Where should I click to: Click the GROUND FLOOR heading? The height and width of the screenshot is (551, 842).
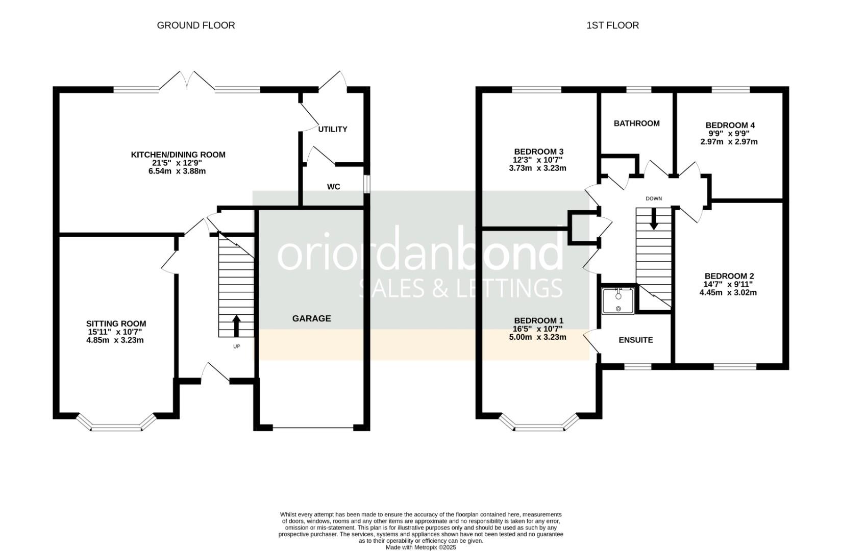tap(196, 25)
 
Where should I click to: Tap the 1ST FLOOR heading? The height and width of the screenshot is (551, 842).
tap(613, 25)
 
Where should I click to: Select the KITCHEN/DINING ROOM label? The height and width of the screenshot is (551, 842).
tap(178, 155)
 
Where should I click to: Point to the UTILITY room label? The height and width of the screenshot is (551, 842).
tap(333, 129)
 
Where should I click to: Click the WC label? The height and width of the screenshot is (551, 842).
tap(334, 187)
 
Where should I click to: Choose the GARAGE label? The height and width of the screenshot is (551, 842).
tap(312, 319)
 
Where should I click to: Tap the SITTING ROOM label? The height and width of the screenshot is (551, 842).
tap(116, 323)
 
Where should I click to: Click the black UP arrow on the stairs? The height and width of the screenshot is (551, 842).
tap(236, 326)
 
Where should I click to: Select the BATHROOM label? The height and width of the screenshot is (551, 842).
tap(637, 123)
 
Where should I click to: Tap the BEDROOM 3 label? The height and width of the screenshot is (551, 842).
tap(539, 152)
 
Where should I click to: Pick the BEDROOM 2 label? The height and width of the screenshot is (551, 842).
tap(729, 276)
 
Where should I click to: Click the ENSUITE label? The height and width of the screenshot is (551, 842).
tap(636, 340)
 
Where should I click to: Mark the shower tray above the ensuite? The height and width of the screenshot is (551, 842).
tap(618, 300)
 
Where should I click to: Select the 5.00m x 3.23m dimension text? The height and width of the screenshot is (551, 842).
tap(537, 337)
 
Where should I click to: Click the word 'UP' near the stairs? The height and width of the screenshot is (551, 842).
tap(236, 346)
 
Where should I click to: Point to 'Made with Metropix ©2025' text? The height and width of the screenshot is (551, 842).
tap(421, 547)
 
